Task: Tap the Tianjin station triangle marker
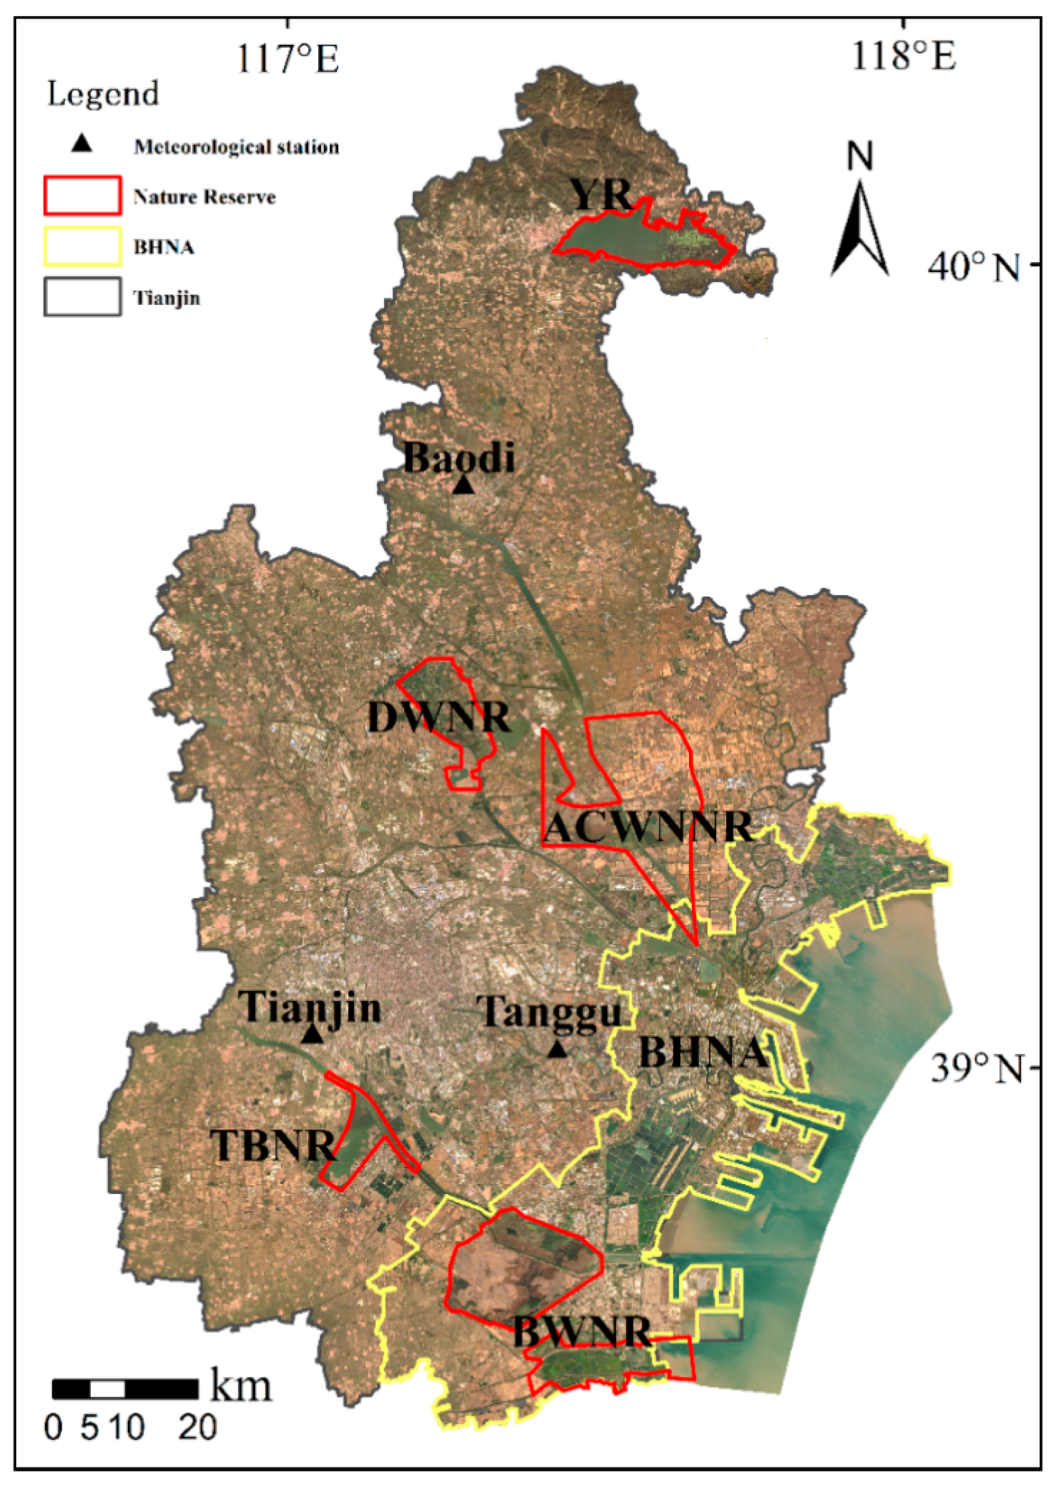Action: click(312, 1034)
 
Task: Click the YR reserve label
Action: click(601, 194)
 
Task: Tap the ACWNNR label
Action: click(648, 827)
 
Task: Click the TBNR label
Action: click(272, 1145)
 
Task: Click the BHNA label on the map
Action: click(703, 1052)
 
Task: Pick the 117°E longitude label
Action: click(287, 58)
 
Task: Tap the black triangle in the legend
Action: click(81, 144)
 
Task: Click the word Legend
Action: click(103, 94)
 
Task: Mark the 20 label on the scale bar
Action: click(198, 1428)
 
